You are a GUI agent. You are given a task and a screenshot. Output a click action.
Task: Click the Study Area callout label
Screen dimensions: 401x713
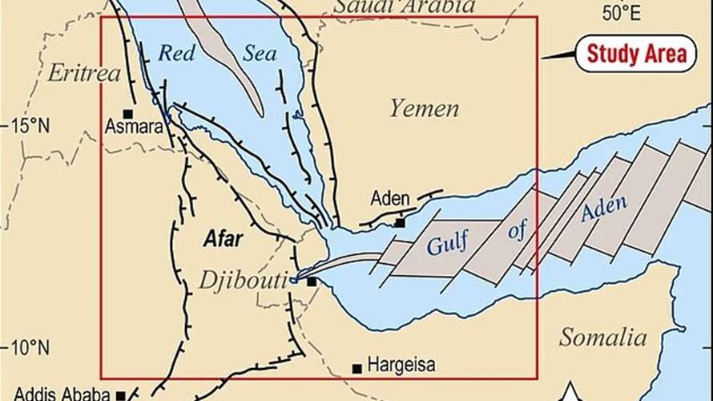tap(636, 54)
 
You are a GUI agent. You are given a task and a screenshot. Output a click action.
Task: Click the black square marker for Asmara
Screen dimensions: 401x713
tap(127, 114)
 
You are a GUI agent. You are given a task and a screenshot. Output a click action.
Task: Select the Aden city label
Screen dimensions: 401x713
tap(390, 198)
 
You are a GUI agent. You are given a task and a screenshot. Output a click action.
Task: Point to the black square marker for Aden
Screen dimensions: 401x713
tap(400, 222)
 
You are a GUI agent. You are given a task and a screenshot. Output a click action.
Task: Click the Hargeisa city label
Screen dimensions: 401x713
tap(401, 367)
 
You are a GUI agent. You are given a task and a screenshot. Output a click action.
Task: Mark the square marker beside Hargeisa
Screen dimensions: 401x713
tap(357, 369)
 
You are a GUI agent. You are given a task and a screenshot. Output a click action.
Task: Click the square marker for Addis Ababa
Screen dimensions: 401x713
tap(120, 395)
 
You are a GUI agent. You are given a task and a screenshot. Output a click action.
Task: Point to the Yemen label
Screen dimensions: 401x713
tap(425, 109)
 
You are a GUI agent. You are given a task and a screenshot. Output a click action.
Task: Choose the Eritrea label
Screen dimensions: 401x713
tap(83, 73)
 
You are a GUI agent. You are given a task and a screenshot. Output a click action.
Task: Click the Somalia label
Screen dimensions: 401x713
tap(602, 336)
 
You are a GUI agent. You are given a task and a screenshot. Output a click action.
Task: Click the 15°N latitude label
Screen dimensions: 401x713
tap(30, 126)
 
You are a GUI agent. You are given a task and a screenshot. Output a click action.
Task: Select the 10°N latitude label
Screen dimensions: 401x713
tap(30, 349)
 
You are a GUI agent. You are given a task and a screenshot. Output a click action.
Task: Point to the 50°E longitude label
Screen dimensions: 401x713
tap(622, 12)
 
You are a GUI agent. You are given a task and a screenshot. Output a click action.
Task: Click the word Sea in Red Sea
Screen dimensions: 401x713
tap(260, 55)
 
